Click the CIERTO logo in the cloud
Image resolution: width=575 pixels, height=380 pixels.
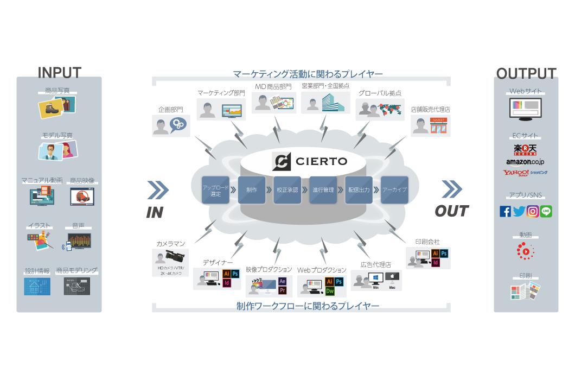tap(309, 162)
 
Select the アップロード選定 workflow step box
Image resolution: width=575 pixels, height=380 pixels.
tap(216, 190)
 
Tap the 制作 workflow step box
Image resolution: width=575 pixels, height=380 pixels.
tap(251, 190)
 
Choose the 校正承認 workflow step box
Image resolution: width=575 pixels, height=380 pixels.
tap(287, 190)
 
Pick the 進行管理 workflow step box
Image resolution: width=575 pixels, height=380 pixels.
tap(323, 190)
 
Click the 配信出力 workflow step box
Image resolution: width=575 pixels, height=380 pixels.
tap(359, 190)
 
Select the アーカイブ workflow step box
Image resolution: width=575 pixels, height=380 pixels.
tap(394, 190)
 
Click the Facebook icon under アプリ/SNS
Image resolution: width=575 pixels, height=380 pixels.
tap(505, 211)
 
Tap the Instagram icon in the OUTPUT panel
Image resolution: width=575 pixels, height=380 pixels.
tap(533, 211)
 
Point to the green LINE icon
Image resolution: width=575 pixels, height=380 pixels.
tap(546, 211)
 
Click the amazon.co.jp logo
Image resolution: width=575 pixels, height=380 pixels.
tap(525, 162)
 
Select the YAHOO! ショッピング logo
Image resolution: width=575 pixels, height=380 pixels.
tap(525, 173)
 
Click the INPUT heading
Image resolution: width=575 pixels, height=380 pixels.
tap(59, 73)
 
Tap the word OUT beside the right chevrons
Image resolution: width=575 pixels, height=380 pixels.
tap(452, 211)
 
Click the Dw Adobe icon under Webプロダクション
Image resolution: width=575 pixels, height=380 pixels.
tap(329, 291)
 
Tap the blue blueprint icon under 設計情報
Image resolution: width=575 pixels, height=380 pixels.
tap(37, 286)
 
